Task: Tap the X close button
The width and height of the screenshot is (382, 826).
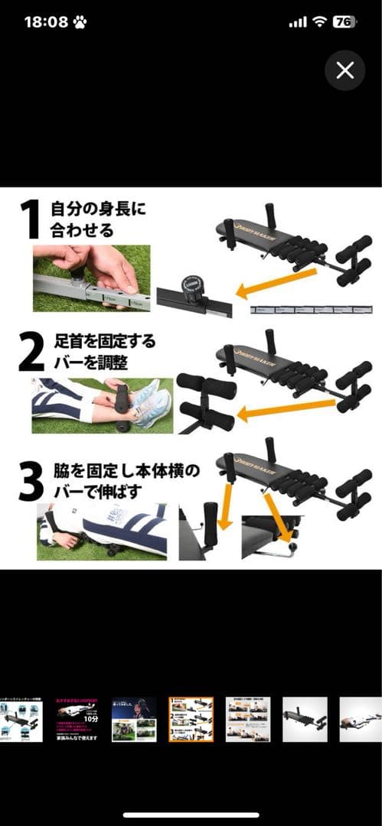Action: point(344,71)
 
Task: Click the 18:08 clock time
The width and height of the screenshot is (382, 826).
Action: point(46,22)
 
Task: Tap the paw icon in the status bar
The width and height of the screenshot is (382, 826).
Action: point(80,22)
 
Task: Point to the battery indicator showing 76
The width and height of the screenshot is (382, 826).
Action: point(344,22)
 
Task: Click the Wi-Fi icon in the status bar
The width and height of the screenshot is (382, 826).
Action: point(318,22)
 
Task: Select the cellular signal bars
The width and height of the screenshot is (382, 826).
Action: point(297,23)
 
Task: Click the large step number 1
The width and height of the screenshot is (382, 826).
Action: point(30,220)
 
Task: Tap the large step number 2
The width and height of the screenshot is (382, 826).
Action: point(31,350)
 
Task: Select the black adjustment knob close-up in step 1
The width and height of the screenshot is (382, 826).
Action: point(190,290)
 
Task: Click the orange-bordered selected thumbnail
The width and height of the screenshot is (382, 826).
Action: point(191,719)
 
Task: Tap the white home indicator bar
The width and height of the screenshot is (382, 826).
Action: point(191,815)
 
